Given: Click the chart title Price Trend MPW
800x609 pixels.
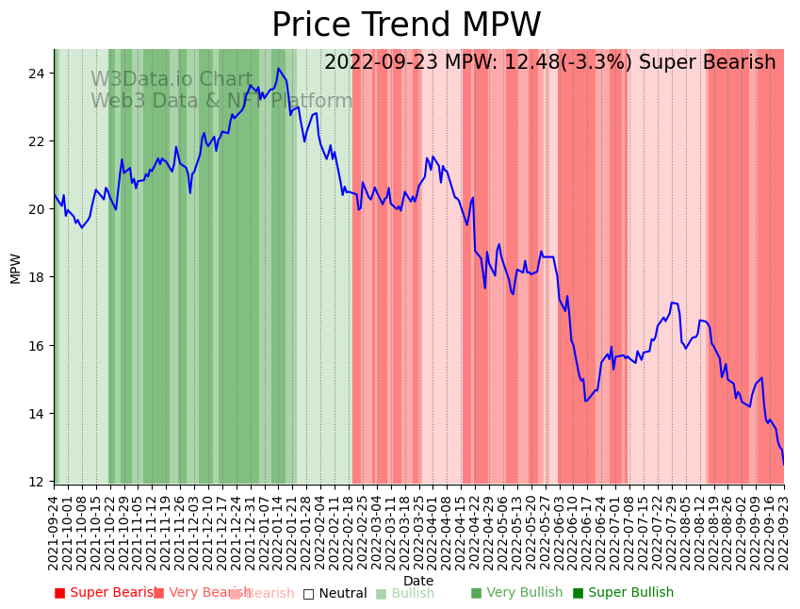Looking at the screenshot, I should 406,25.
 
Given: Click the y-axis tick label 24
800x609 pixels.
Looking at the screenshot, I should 36,73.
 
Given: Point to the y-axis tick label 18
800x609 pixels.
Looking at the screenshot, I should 36,277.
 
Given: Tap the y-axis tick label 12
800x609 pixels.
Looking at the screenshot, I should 36,482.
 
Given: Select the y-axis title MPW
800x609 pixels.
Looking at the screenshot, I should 15,268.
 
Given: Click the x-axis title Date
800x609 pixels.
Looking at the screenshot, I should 418,582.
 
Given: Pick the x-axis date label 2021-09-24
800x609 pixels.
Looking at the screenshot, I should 55,533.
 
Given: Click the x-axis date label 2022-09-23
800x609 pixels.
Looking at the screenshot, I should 784,533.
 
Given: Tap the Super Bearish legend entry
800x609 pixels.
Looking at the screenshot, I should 106,593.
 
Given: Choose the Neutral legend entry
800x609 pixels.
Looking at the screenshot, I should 335,593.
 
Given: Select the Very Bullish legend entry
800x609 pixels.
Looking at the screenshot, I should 516,593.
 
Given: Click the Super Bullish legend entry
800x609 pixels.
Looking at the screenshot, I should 623,593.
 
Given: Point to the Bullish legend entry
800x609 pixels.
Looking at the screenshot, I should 405,593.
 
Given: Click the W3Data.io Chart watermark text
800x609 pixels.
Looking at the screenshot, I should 171,80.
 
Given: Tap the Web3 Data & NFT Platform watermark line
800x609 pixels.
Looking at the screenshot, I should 221,101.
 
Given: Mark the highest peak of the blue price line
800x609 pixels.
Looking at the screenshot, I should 278,68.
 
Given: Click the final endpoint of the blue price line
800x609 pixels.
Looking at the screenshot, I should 783,464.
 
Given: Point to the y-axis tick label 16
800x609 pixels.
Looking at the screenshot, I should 36,345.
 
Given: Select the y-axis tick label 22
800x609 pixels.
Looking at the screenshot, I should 36,140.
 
